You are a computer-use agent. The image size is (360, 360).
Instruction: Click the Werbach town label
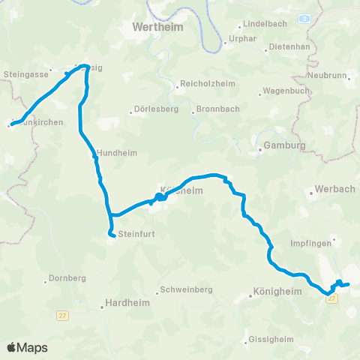[x=334, y=188]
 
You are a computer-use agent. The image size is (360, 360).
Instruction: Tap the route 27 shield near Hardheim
[x=63, y=316]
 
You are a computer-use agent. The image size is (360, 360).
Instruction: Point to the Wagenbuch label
[x=284, y=93]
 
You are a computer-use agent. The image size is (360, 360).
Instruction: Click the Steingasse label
[x=25, y=75]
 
